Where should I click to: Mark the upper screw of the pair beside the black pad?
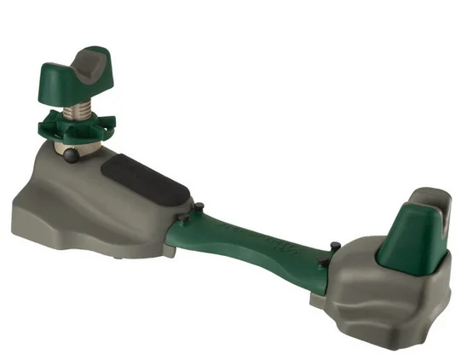200,207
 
